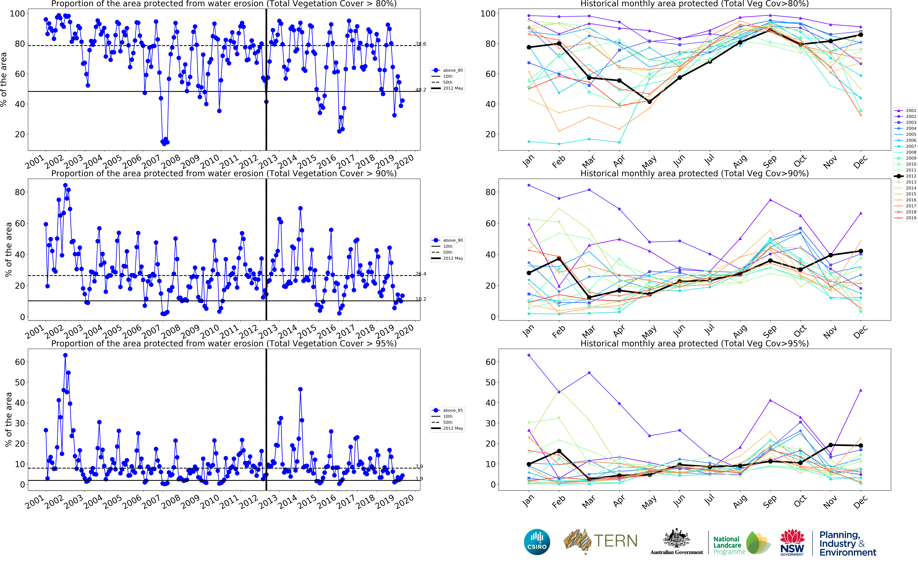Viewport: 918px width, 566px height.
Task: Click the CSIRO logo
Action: (x=537, y=542)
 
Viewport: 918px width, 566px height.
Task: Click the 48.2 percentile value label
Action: (x=421, y=90)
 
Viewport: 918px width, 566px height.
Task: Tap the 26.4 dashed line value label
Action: (x=421, y=274)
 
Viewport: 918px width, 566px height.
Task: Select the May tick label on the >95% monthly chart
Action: (x=649, y=502)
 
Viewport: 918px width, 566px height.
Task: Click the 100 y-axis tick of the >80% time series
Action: (x=17, y=13)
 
